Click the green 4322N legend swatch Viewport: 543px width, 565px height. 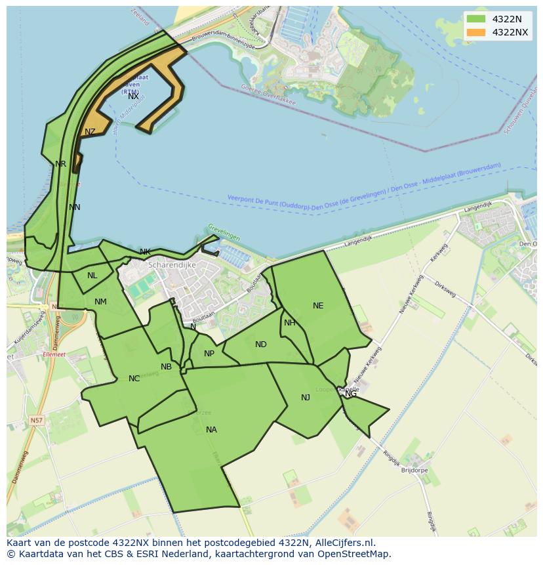click(x=477, y=19)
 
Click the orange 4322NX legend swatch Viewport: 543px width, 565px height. click(x=477, y=32)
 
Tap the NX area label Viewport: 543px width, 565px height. click(x=133, y=96)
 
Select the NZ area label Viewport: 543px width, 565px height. click(x=90, y=132)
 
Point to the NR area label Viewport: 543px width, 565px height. click(x=60, y=164)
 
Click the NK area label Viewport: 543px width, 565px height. click(x=145, y=252)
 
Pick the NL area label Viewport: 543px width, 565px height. click(x=92, y=276)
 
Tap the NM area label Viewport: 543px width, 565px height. click(x=100, y=302)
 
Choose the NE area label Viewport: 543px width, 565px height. click(x=318, y=306)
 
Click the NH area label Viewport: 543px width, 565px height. click(x=289, y=323)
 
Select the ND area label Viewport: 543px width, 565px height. click(x=261, y=345)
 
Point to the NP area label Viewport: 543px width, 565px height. click(x=209, y=354)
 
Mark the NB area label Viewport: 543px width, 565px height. click(x=166, y=367)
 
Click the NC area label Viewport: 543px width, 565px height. click(x=134, y=379)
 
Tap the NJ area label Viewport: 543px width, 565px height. click(x=306, y=398)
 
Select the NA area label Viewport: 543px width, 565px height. click(x=211, y=430)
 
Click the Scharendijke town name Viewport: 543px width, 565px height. click(x=172, y=265)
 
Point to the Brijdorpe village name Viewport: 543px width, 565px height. click(x=414, y=471)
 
